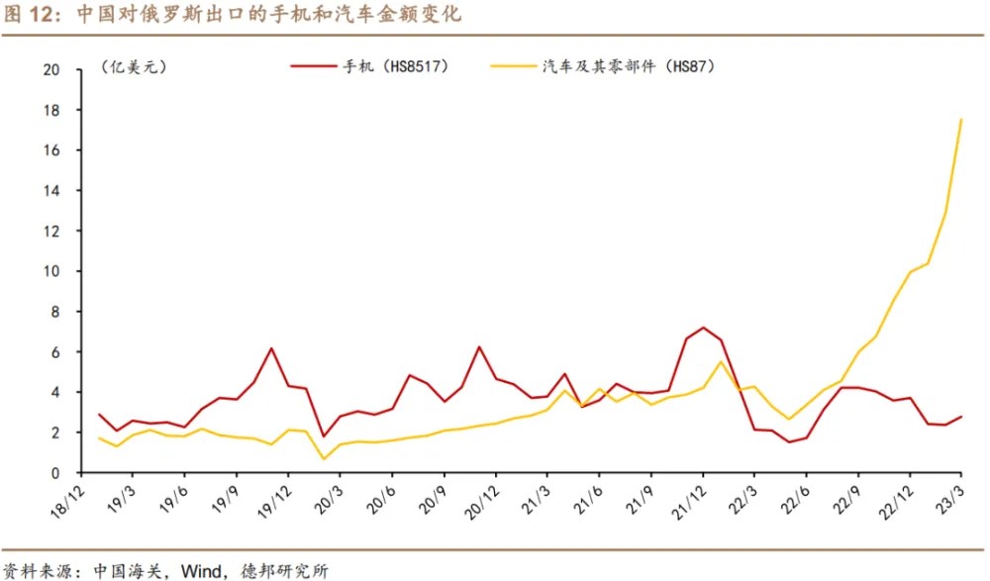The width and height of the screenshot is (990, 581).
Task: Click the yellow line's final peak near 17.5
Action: tap(961, 120)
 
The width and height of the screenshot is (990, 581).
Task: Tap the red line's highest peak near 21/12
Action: tap(703, 328)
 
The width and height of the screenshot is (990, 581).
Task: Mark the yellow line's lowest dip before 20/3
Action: tap(323, 458)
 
